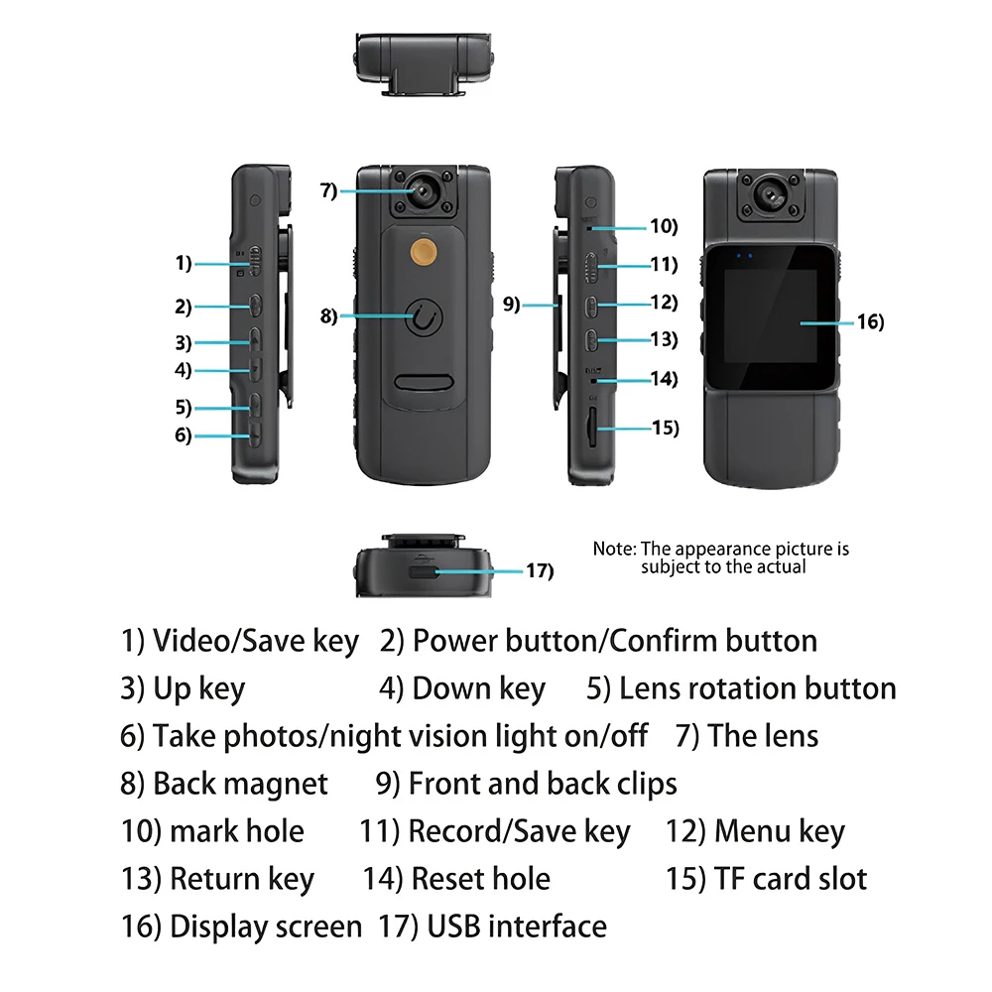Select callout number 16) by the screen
pyautogui.click(x=869, y=322)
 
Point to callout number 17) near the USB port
pyautogui.click(x=539, y=570)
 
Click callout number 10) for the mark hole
pyautogui.click(x=663, y=226)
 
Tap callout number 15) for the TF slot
pyautogui.click(x=665, y=429)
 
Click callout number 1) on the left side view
pyautogui.click(x=183, y=264)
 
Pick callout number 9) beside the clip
pyautogui.click(x=512, y=305)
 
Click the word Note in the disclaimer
pyautogui.click(x=613, y=549)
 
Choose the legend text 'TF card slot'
pyautogui.click(x=791, y=879)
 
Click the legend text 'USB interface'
pyautogui.click(x=517, y=927)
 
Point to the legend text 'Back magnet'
pyautogui.click(x=240, y=784)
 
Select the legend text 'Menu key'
pyautogui.click(x=780, y=831)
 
